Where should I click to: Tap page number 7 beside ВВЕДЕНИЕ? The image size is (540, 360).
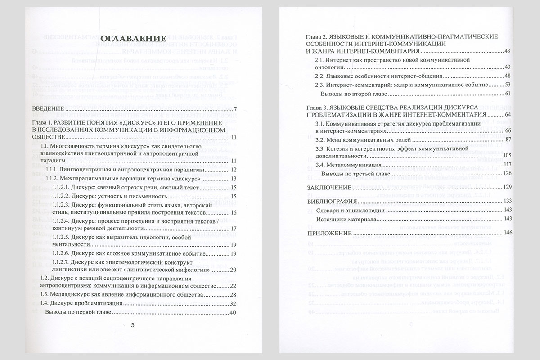coord(235,110)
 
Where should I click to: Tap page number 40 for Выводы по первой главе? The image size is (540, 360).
coord(233,313)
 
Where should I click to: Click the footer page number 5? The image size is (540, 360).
coord(132,326)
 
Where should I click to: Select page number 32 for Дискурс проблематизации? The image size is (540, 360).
coord(233,304)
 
